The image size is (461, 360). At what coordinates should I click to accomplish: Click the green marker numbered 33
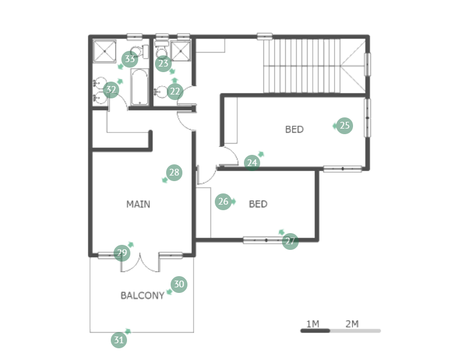coord(130,59)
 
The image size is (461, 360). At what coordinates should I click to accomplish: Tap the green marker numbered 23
coord(163,63)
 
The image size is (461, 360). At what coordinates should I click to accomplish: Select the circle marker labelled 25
coord(345,125)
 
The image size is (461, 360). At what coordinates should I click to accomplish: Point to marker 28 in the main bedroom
coord(175,173)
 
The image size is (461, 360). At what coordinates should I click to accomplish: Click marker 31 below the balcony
coord(119,340)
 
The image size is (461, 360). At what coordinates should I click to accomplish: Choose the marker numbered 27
coord(290,241)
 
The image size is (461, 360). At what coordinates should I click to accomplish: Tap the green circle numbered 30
coord(179,284)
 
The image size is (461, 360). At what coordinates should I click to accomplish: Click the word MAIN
coord(138,204)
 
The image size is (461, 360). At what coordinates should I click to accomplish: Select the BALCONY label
coord(143,295)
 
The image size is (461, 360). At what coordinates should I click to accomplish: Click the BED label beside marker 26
coord(258,204)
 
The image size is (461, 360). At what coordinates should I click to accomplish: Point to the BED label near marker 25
coord(294,129)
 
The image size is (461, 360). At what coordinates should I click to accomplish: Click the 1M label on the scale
coord(313,324)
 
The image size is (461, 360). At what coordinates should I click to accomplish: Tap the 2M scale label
coord(352,324)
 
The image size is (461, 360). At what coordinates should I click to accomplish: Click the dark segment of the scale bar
coord(315,331)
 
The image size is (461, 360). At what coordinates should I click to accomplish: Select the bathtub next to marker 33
coord(140,87)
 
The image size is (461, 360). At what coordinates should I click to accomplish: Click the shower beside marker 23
coord(181,51)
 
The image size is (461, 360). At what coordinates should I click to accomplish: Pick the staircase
coord(302,65)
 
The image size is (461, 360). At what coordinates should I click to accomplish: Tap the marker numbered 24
coord(252,163)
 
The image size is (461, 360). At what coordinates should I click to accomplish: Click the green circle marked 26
coord(223,202)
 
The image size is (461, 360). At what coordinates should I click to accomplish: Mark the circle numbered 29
coord(122,253)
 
